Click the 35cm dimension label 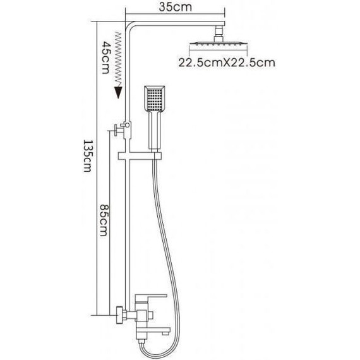pyautogui.click(x=175, y=7)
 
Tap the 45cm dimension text pyautogui.click(x=106, y=57)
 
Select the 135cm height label pyautogui.click(x=88, y=156)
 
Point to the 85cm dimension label pyautogui.click(x=104, y=220)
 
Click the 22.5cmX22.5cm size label pyautogui.click(x=227, y=63)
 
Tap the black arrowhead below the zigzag pyautogui.click(x=118, y=92)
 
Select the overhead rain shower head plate pyautogui.click(x=218, y=44)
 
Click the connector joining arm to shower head pyautogui.click(x=219, y=33)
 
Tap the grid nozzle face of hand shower pyautogui.click(x=155, y=99)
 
